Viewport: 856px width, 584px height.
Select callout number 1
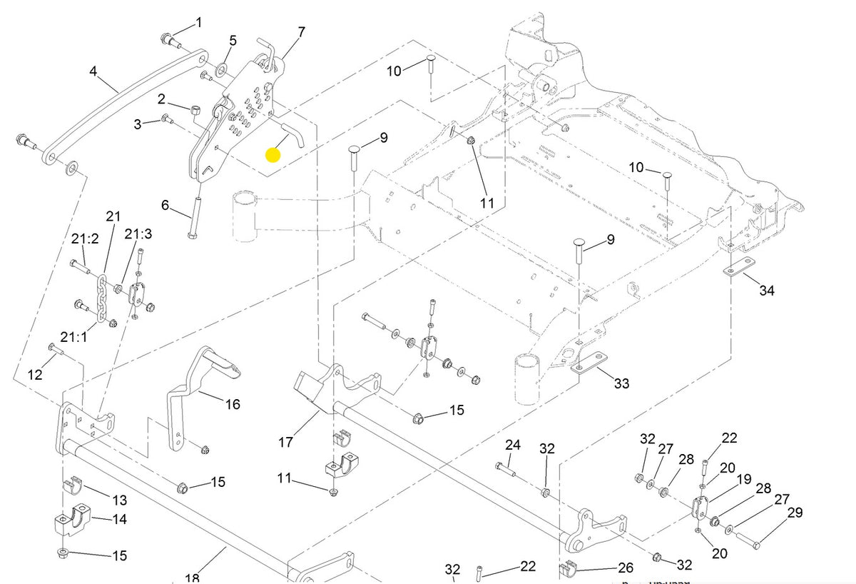coord(199,23)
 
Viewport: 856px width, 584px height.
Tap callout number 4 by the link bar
coord(93,71)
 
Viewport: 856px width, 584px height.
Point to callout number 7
coord(301,32)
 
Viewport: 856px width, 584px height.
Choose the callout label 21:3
coord(138,234)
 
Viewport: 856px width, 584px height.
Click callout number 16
coord(233,404)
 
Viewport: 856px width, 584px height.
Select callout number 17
coord(285,443)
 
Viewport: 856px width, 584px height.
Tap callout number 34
coord(767,291)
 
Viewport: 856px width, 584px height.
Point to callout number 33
coord(622,383)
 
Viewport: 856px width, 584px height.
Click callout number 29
coord(795,513)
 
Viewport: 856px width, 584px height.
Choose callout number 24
coord(513,445)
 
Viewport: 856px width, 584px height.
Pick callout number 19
coord(743,480)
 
